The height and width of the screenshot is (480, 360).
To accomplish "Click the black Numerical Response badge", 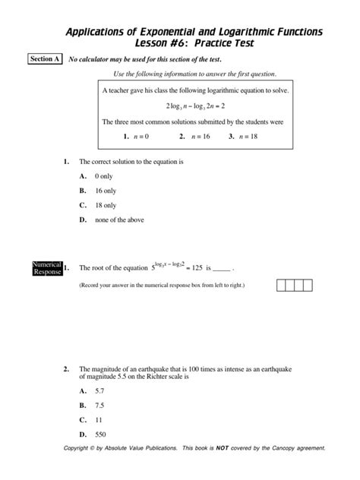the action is [46, 267].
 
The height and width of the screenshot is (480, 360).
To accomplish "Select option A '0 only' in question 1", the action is [103, 175].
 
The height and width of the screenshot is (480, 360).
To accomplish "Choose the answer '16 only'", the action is [105, 190].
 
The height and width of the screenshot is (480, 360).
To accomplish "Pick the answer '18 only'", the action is [105, 205].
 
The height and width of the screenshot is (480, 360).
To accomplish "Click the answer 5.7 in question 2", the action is [99, 390].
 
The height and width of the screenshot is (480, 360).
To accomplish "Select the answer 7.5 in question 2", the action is [99, 405].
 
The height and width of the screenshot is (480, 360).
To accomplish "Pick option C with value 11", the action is [98, 419].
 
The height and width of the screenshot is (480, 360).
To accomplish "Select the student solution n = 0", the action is [135, 137].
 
